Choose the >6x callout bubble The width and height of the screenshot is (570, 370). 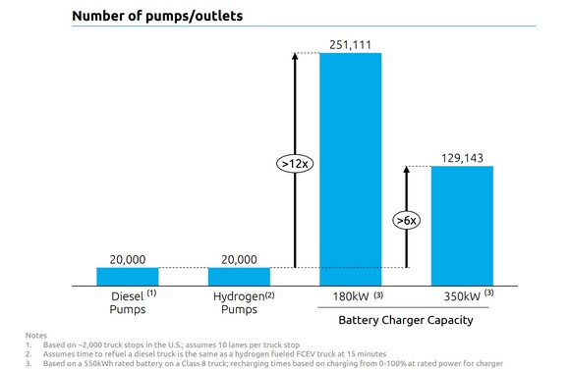[x=407, y=220]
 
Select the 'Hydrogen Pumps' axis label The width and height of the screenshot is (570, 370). [x=239, y=300]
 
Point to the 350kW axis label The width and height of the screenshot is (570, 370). [x=462, y=294]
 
